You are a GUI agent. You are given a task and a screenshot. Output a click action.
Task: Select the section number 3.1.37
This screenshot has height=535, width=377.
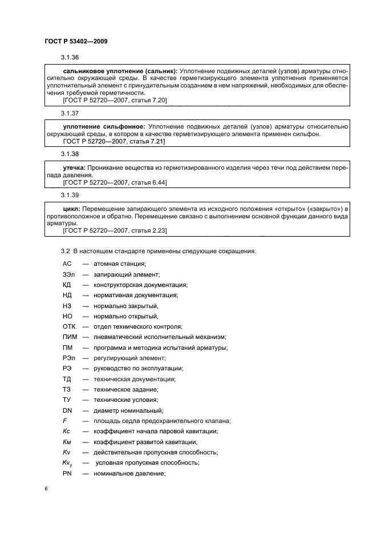coord(70,113)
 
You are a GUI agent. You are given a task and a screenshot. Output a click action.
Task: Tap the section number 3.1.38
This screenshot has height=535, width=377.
coord(70,154)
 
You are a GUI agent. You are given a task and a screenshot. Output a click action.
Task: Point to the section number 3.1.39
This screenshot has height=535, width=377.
coord(70,195)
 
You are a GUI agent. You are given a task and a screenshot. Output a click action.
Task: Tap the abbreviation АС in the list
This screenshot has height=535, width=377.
coord(67,263)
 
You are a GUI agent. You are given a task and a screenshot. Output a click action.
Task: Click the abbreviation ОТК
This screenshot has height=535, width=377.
coord(69,326)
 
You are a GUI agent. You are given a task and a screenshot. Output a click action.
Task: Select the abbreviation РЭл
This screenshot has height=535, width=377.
coord(69,358)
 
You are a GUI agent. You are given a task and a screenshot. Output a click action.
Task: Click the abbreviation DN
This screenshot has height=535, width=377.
coord(67,410)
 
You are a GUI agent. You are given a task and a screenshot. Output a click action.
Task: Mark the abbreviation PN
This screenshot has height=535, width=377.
coord(67,474)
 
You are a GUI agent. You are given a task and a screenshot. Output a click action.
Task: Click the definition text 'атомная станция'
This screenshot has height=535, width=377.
coord(120,263)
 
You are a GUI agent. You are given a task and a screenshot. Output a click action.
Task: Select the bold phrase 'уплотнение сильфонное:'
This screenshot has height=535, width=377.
coord(99,126)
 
